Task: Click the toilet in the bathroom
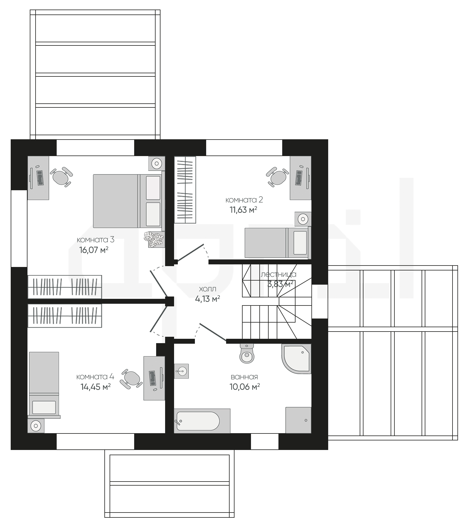click(x=247, y=353)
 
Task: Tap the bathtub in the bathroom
click(x=202, y=421)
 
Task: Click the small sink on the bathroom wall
click(x=181, y=371)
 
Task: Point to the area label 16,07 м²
click(x=94, y=250)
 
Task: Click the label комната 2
click(x=244, y=200)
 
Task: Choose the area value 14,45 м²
click(x=96, y=387)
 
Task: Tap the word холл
click(x=208, y=289)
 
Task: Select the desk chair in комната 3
click(x=61, y=176)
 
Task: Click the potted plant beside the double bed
click(x=154, y=239)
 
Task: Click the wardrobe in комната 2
click(x=185, y=190)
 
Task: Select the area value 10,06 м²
click(x=245, y=387)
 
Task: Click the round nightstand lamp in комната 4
click(x=36, y=426)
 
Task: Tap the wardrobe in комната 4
click(x=65, y=316)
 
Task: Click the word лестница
click(x=278, y=274)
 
